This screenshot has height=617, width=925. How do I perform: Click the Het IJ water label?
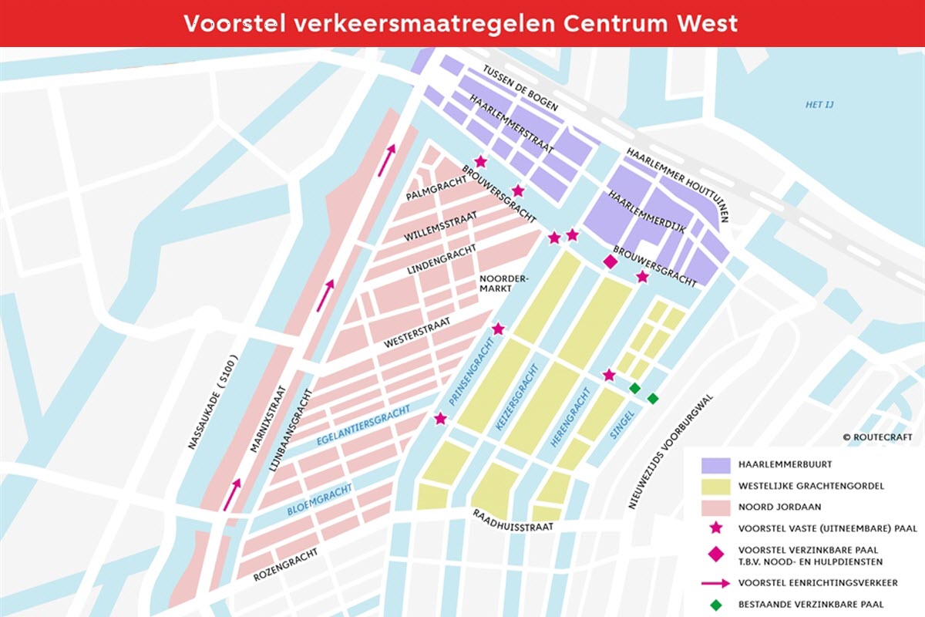coord(820,105)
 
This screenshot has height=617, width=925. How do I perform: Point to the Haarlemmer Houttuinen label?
coord(677,184)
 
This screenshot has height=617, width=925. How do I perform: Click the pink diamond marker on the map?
coord(610,262)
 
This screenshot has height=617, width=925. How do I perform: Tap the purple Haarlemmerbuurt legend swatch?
coord(715,466)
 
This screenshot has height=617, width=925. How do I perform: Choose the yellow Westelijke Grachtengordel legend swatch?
coord(715,487)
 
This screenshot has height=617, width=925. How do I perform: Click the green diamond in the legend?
coord(716,604)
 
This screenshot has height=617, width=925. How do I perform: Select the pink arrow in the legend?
coord(715,582)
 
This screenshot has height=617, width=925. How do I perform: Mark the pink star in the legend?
coord(716,528)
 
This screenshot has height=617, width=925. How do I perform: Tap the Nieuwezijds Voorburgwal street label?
coord(671,451)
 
